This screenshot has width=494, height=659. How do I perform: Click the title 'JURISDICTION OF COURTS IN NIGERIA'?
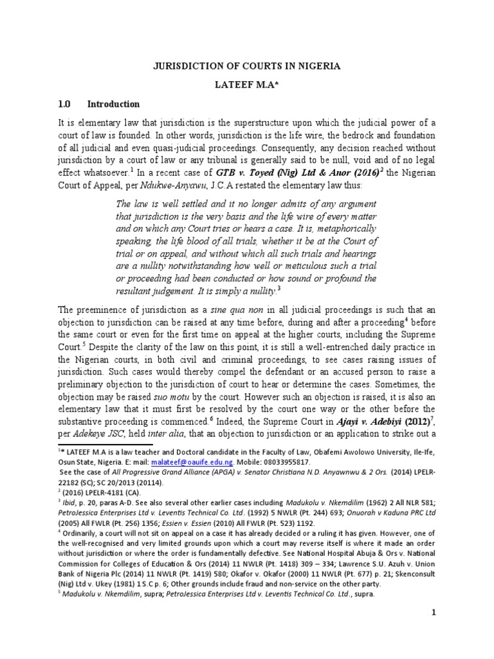coord(246,66)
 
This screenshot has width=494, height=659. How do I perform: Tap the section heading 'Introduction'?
coord(113,104)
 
